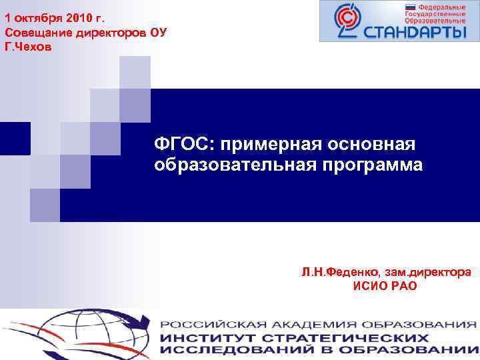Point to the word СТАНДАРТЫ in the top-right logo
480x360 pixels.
pyautogui.click(x=413, y=31)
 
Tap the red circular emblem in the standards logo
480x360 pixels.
pyautogui.click(x=345, y=21)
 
